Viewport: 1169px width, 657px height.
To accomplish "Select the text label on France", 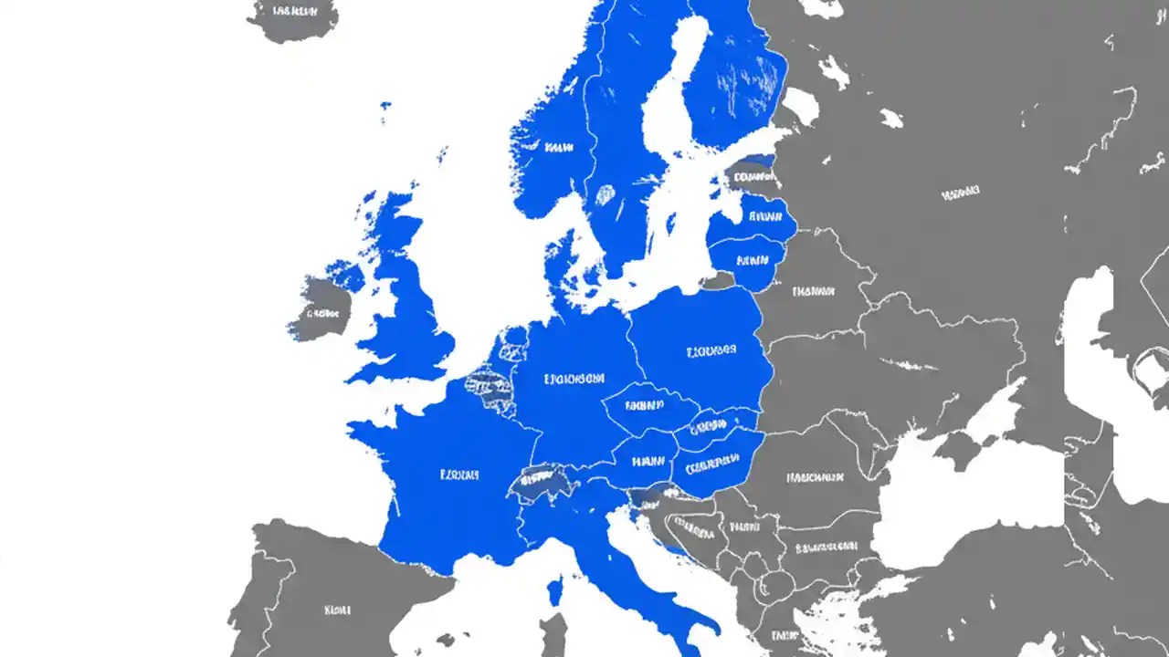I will [459, 474].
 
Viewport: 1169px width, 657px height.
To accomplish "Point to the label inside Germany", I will [574, 378].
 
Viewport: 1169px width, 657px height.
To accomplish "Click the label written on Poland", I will [711, 350].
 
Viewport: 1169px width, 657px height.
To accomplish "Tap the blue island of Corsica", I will [554, 591].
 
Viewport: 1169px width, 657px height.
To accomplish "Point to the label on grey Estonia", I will [754, 177].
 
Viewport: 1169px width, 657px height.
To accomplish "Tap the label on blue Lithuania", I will [752, 259].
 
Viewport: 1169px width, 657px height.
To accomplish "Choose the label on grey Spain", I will [338, 609].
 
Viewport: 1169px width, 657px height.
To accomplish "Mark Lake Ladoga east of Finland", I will [801, 104].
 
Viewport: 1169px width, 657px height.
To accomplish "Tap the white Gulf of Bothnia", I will [676, 100].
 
